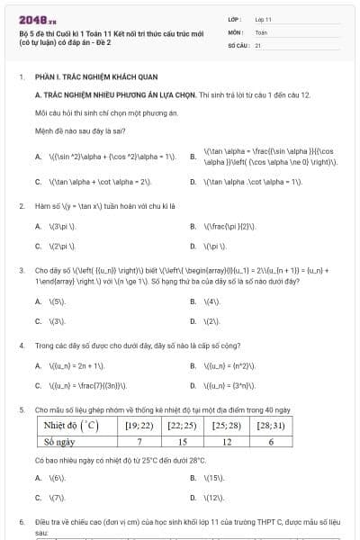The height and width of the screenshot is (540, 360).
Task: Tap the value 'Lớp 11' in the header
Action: (x=264, y=18)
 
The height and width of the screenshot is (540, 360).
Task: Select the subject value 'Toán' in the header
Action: (x=261, y=31)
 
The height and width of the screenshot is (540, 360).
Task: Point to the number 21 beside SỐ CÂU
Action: (x=258, y=43)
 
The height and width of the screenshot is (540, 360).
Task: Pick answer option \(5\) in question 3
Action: (x=58, y=301)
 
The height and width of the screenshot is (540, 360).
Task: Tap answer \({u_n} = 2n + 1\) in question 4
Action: (x=76, y=366)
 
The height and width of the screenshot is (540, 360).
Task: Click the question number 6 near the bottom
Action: (x=22, y=521)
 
